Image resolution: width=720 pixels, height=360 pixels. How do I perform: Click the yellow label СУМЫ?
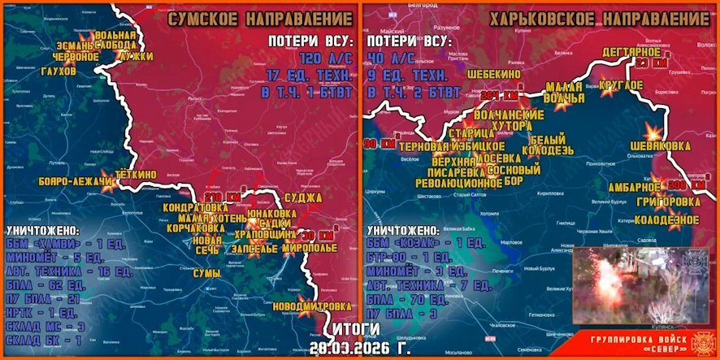(206, 274)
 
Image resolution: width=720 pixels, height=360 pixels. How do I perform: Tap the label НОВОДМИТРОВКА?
(313, 306)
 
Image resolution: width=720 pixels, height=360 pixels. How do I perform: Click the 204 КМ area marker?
(498, 95)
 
